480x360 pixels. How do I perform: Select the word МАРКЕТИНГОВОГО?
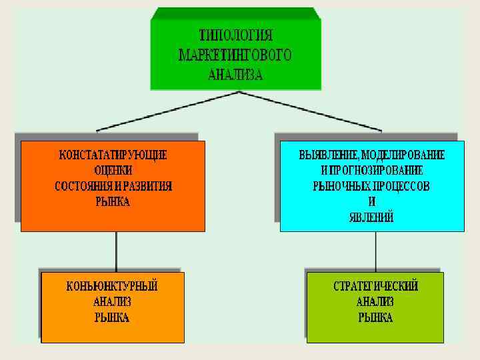click(x=235, y=55)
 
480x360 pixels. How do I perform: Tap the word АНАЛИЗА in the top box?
click(x=235, y=75)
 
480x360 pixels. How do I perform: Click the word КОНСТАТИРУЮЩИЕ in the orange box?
click(x=113, y=155)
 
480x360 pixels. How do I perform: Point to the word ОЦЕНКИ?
click(x=113, y=170)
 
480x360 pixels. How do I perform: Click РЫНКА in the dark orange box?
click(x=113, y=201)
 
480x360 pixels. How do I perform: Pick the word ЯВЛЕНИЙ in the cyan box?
click(x=371, y=217)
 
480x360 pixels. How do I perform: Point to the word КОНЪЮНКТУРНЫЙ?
click(x=112, y=287)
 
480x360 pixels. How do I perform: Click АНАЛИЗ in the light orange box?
click(x=112, y=302)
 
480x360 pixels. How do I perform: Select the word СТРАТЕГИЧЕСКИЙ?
click(x=375, y=287)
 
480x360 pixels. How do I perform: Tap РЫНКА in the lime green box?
click(x=375, y=318)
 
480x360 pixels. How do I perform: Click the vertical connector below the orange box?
click(x=117, y=250)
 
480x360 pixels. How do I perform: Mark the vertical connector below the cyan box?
click(x=375, y=250)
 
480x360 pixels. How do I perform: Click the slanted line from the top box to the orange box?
click(x=167, y=110)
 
